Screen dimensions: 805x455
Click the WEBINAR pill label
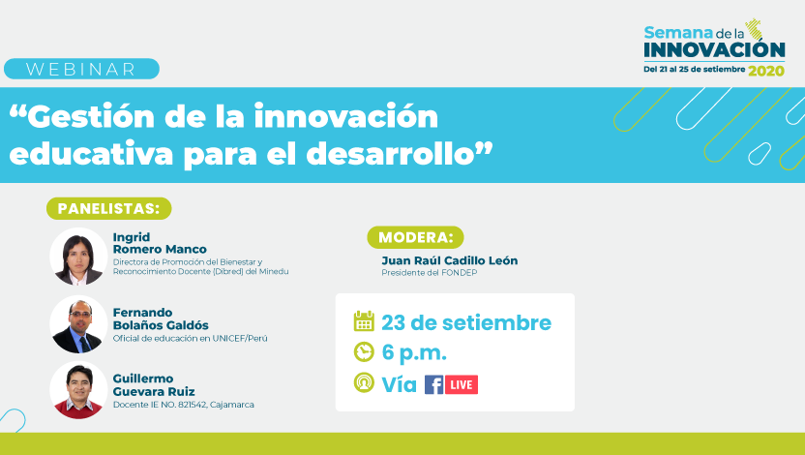(81, 69)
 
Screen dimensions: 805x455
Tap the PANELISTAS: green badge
(108, 208)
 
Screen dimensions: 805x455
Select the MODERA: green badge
(415, 237)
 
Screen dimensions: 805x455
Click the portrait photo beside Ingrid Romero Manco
(78, 257)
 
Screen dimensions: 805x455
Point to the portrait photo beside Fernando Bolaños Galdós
(78, 324)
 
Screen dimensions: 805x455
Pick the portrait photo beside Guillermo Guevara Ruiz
(78, 390)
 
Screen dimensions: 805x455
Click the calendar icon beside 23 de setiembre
(364, 321)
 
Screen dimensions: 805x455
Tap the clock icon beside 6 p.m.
(364, 352)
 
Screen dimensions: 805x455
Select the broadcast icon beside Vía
(364, 382)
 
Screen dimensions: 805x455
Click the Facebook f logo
(433, 384)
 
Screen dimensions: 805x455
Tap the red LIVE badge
(461, 384)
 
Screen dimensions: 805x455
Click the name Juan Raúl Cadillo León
(450, 260)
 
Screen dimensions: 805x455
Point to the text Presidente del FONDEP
(430, 273)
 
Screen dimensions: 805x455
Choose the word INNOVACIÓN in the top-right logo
(714, 50)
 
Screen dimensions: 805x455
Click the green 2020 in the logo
(766, 71)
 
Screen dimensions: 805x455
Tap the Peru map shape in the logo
(754, 29)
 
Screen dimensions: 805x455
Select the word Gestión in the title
(90, 116)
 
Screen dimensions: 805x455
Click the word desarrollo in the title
(390, 153)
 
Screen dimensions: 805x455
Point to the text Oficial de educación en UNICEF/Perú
(190, 339)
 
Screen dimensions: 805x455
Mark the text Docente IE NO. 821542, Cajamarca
(183, 405)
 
